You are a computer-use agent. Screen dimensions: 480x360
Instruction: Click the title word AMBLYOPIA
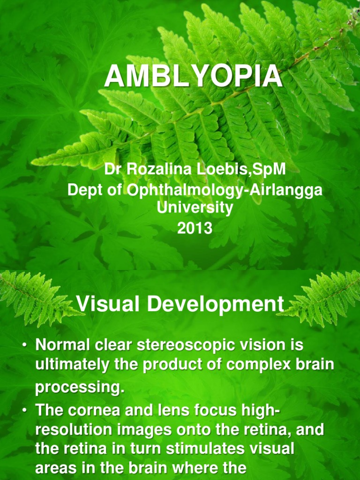pos(194,76)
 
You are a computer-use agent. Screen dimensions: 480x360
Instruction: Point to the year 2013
pos(194,229)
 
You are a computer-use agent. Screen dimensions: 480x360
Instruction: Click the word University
pos(195,208)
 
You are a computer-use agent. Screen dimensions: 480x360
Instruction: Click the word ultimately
pos(75,365)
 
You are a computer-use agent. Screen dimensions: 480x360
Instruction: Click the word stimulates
pos(206,449)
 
